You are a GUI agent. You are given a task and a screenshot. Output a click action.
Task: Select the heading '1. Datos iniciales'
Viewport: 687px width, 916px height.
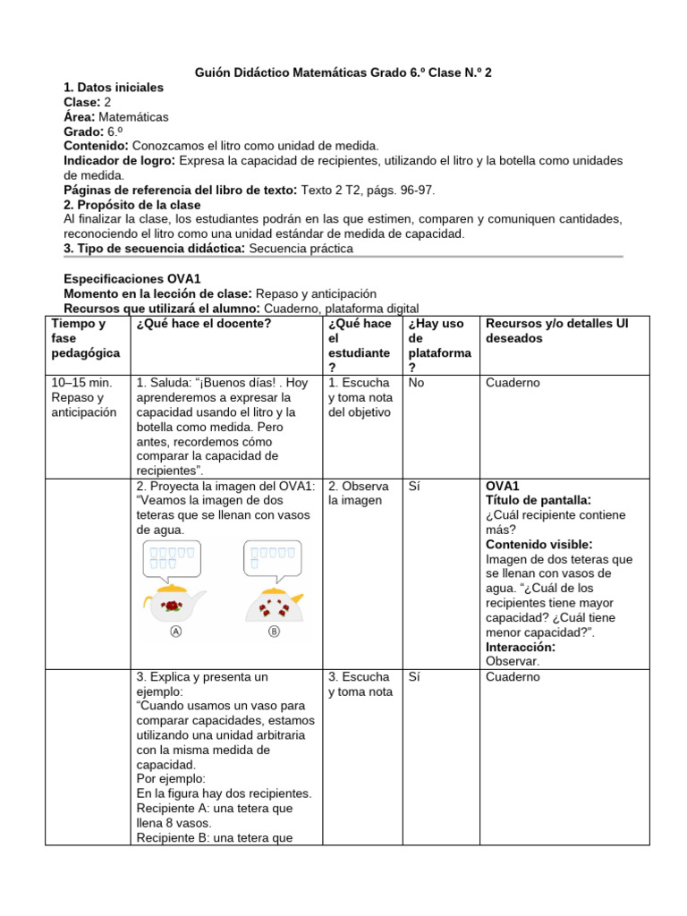114,88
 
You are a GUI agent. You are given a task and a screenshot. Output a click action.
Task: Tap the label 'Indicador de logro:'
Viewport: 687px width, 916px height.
120,160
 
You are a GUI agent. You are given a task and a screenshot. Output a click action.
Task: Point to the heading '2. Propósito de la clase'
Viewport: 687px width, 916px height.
132,205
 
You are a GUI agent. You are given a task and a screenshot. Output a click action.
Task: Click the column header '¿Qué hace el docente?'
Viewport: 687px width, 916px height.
203,324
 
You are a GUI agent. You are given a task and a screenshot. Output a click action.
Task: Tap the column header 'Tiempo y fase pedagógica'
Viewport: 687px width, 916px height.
83,339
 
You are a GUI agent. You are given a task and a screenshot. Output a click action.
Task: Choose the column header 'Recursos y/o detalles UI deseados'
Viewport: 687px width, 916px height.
556,331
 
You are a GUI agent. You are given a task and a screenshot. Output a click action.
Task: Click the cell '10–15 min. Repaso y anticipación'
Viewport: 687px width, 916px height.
84,397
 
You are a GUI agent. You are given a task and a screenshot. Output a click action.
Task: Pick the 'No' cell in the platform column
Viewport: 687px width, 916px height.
416,383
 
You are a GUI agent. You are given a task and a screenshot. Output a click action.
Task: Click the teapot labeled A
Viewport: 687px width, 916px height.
174,606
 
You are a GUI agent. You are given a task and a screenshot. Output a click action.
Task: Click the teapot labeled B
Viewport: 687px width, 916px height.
273,606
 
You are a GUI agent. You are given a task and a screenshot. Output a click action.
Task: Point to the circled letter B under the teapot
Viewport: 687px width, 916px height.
273,631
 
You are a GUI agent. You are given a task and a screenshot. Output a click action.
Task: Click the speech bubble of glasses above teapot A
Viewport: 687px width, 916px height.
174,560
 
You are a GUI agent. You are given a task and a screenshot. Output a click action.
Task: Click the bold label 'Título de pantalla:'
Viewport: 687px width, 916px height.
538,500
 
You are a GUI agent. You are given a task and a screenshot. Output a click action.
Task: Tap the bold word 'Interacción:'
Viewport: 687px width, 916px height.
521,647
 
